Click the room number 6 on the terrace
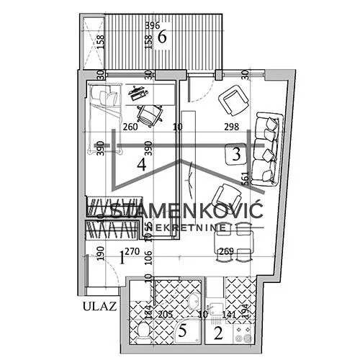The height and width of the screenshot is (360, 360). pos(163,37)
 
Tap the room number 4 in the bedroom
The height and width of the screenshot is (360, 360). pos(142,163)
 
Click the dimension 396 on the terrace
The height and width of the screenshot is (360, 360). pos(151,25)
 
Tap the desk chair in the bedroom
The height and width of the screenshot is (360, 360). pos(150,113)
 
